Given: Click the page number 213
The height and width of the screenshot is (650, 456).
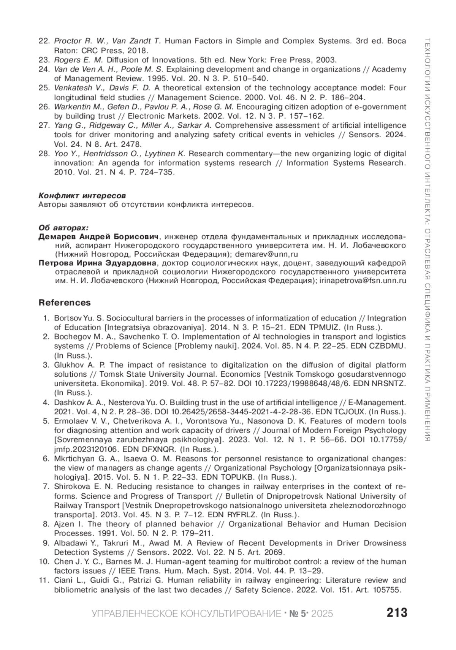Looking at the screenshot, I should click(x=397, y=612).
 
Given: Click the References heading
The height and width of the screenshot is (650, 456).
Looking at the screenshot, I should click(x=65, y=303).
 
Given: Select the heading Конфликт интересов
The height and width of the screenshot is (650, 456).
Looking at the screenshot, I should click(x=82, y=195).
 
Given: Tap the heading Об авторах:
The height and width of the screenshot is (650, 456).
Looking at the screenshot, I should click(x=63, y=228).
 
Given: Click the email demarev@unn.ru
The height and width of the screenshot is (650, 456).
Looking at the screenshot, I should click(x=267, y=254).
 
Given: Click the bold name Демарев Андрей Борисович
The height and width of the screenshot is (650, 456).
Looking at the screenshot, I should click(x=98, y=236).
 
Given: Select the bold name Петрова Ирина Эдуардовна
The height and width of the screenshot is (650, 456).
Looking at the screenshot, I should click(x=97, y=263).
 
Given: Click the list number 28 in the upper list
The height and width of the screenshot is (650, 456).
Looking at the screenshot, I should click(x=44, y=154).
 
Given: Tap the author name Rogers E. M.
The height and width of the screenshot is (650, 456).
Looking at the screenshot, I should click(x=79, y=60).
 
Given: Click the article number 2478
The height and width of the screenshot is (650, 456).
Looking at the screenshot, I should click(x=131, y=144).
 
